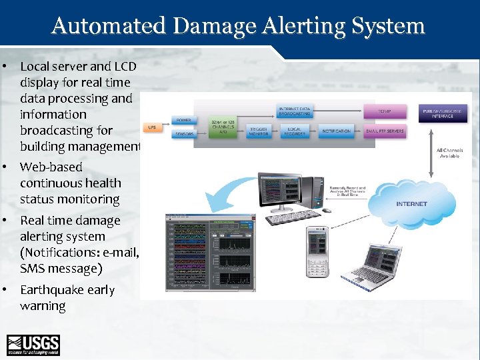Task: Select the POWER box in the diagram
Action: pyautogui.click(x=183, y=121)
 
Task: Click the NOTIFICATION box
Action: pyautogui.click(x=335, y=131)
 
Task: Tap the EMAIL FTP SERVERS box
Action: pyautogui.click(x=385, y=131)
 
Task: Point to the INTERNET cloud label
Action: pyautogui.click(x=411, y=204)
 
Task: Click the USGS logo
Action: pyautogui.click(x=33, y=345)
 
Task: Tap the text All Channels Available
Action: pyautogui.click(x=449, y=153)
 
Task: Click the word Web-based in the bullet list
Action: pyautogui.click(x=51, y=167)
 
